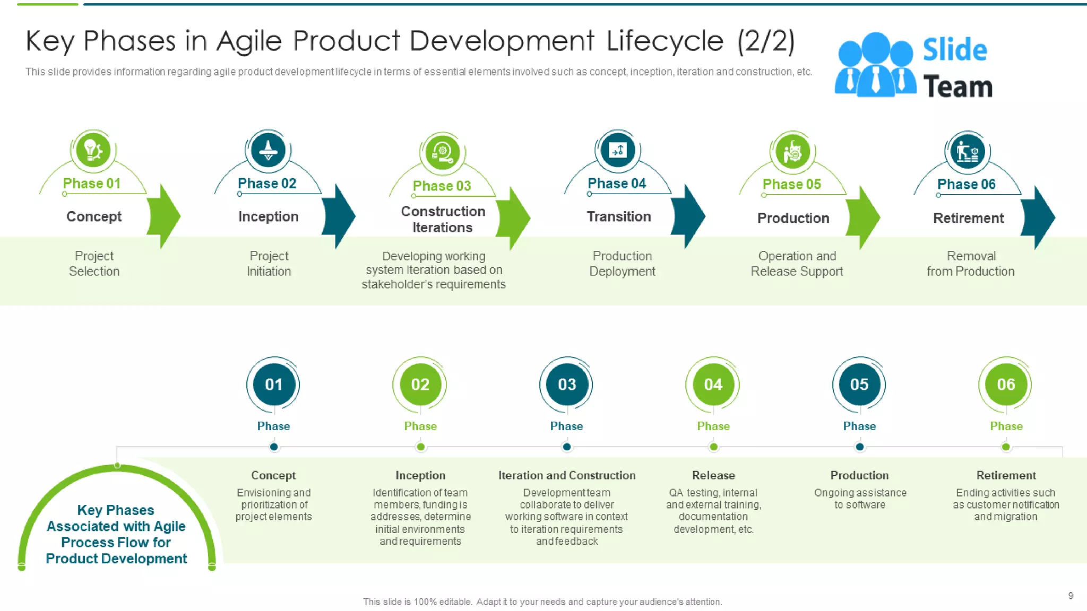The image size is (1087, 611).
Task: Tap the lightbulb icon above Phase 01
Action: [x=93, y=150]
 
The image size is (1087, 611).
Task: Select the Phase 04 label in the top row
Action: [x=617, y=184]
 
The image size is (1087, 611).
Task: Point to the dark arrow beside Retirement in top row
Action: [x=1038, y=217]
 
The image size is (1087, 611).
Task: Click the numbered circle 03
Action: [x=566, y=385]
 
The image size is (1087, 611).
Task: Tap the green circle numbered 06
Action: [x=1005, y=385]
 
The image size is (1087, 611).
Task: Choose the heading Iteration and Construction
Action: [x=567, y=475]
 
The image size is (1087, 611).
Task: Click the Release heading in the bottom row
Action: [x=713, y=475]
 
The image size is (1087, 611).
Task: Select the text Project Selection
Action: [x=94, y=264]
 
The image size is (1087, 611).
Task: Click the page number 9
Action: [x=1071, y=596]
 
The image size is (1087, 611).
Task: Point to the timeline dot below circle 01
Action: [x=274, y=447]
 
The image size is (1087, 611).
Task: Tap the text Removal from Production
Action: [x=971, y=264]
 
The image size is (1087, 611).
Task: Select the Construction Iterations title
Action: [x=443, y=219]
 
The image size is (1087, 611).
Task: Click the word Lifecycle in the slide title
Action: [x=665, y=41]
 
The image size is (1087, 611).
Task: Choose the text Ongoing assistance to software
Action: [x=860, y=499]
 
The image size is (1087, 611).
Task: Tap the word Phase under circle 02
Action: [x=420, y=426]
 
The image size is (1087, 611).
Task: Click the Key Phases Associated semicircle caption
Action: [x=116, y=534]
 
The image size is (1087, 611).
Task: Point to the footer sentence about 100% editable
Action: [x=542, y=602]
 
